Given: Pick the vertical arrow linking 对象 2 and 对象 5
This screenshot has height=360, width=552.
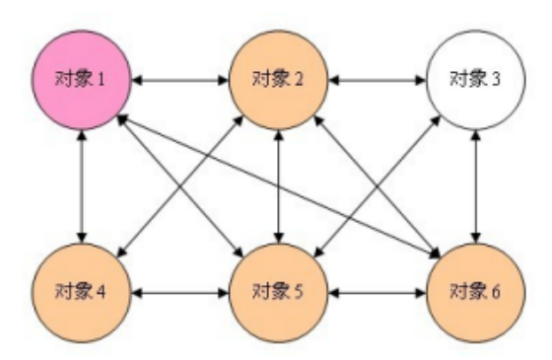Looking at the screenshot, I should (x=280, y=185).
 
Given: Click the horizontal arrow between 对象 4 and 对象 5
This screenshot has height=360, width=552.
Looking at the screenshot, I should (x=180, y=292).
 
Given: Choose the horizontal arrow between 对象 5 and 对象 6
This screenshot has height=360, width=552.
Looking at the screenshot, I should (x=379, y=292).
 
